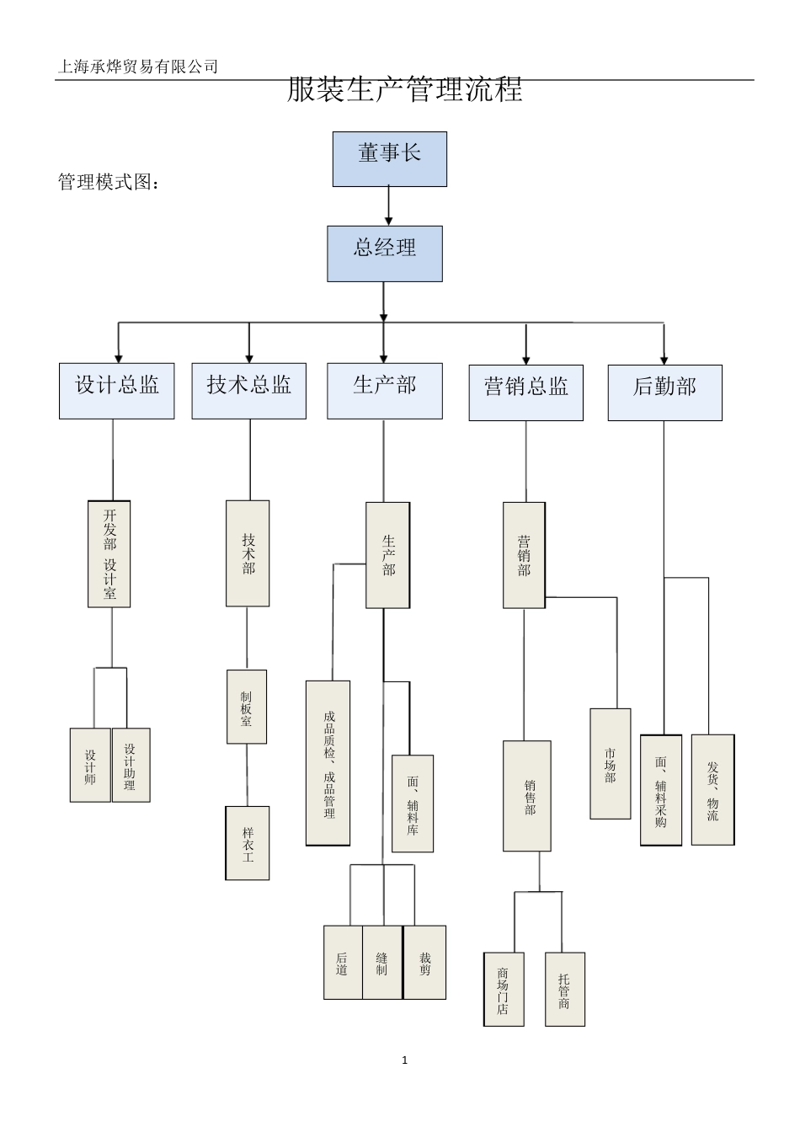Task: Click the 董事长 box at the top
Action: coord(389,159)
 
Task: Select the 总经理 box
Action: coord(385,254)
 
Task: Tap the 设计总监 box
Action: coord(117,391)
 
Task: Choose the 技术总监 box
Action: coord(249,391)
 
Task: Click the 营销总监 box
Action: coord(526,392)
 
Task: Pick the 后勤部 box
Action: coord(664,392)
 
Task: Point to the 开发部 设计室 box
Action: coord(109,554)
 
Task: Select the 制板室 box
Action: coord(247,707)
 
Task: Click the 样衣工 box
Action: coord(248,843)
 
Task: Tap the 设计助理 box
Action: coord(131,765)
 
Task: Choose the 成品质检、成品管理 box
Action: coord(328,763)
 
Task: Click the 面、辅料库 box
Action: coord(413,804)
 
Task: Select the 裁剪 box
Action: coord(425,962)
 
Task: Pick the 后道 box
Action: coord(343,962)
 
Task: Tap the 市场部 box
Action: coord(611,764)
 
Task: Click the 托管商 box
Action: coord(565,989)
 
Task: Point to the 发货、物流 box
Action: coord(712,789)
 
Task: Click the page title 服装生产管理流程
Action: coord(405,89)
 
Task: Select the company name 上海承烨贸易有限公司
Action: coord(137,67)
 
